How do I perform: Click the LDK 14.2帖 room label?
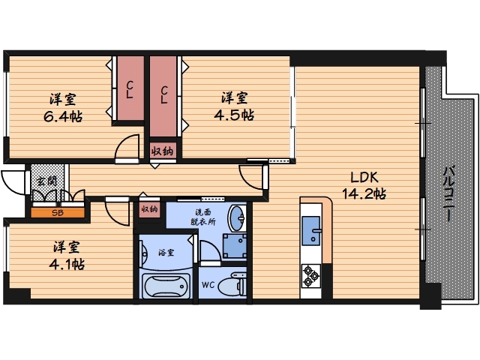tap(364, 185)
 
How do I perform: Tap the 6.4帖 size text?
tap(63, 117)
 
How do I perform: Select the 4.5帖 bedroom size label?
tap(234, 115)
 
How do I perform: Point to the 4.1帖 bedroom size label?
tap(67, 264)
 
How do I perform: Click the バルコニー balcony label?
tap(448, 193)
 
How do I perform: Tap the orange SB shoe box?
tap(58, 213)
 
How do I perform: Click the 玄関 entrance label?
tap(46, 181)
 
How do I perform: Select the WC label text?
tap(208, 285)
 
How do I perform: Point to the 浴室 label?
tap(166, 253)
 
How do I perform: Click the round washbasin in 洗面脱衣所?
tap(237, 217)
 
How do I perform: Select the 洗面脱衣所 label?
tap(203, 217)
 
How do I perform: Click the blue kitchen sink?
tap(311, 231)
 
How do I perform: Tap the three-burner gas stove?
tap(311, 276)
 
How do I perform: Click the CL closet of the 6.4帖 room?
tap(130, 88)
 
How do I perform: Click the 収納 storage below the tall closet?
tap(163, 151)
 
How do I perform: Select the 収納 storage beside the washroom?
tap(149, 210)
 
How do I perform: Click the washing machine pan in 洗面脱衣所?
tap(235, 246)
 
